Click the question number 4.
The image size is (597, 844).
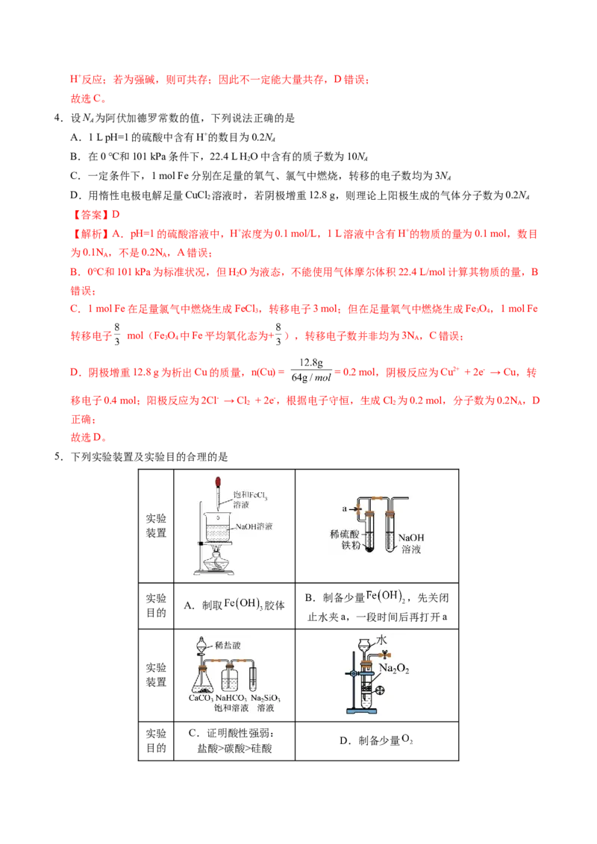point(57,118)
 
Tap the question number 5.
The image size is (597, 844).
point(57,457)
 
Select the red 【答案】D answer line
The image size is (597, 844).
point(95,214)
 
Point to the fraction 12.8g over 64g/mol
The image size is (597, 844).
point(311,371)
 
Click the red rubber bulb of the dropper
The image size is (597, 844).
point(218,481)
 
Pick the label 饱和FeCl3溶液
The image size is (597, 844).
point(249,499)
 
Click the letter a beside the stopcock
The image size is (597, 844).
point(344,508)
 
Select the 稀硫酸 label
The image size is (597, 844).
point(344,534)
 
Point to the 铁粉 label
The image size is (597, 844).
point(350,545)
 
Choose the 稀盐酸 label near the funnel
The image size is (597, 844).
point(228,645)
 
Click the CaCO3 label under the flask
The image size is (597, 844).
point(201,698)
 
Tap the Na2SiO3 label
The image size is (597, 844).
point(265,698)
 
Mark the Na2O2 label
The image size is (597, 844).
point(394,669)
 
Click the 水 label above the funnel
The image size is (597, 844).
point(381,640)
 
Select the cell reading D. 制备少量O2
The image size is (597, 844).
point(377,740)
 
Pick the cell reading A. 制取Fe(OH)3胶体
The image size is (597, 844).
point(234,605)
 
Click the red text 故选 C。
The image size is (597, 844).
point(88,98)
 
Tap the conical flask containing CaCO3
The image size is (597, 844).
point(203,680)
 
